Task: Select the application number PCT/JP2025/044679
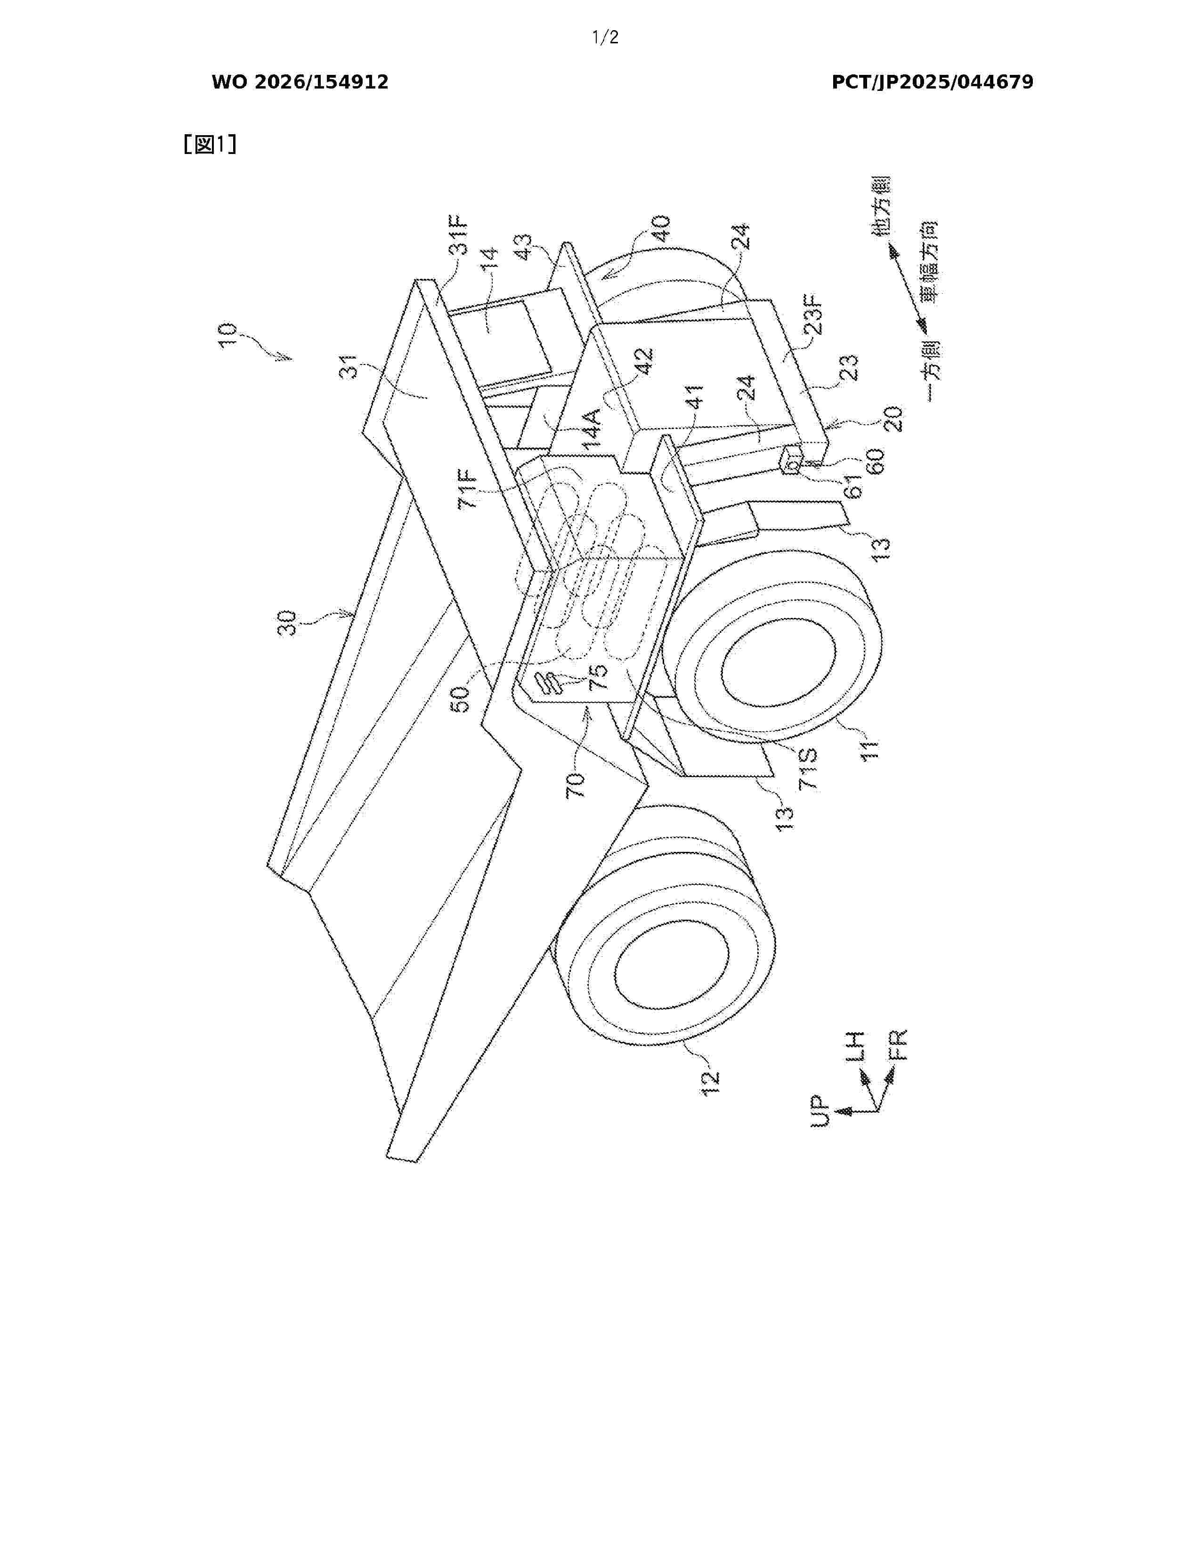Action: [932, 82]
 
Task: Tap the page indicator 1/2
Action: [606, 38]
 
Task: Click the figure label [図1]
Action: [210, 145]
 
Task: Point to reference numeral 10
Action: [228, 334]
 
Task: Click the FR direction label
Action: [899, 1045]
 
